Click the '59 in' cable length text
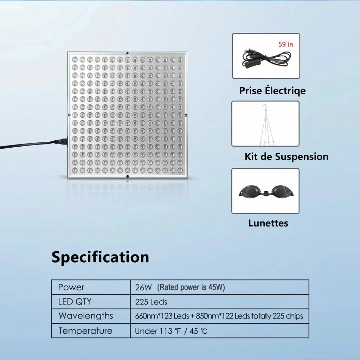coord(286,44)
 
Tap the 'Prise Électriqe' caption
coord(272,90)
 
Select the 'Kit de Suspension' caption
coord(287,156)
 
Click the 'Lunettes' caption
coord(268,223)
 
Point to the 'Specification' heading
coord(100,257)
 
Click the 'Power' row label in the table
coord(71,287)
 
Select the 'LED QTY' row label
coord(75,301)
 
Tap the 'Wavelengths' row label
coord(86,316)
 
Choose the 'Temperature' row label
coord(85,331)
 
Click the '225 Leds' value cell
coord(151,302)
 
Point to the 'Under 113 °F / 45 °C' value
coord(171,331)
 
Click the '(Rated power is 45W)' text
coord(191,287)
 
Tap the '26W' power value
coord(143,288)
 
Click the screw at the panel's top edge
coord(127,53)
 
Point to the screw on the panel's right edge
coord(186,115)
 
